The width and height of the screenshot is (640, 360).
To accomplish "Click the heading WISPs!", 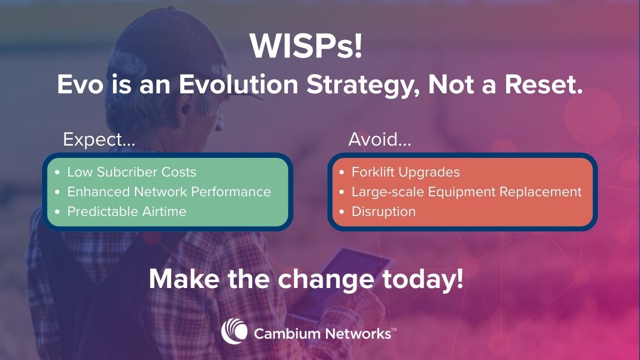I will [x=307, y=47].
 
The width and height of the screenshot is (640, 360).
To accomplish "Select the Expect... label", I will [x=99, y=140].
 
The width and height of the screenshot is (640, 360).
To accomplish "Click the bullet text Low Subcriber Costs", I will [x=132, y=172].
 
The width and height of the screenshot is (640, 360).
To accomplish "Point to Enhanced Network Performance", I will [x=169, y=191].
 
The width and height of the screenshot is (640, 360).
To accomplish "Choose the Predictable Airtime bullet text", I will [x=127, y=211].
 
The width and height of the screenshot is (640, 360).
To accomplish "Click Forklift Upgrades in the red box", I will [x=405, y=172].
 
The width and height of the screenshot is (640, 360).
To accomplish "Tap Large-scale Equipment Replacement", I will [x=467, y=191].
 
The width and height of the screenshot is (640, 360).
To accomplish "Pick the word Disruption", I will [x=383, y=211].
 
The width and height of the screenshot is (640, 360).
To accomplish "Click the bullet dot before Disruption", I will [x=342, y=212].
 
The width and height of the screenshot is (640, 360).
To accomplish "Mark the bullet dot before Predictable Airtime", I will [x=57, y=212].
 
